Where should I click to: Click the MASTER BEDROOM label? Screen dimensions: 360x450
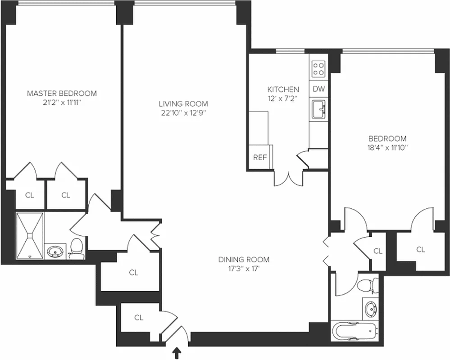[x=62, y=94]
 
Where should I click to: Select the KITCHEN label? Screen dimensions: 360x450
[x=283, y=89]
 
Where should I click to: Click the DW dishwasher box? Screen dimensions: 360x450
[x=319, y=89]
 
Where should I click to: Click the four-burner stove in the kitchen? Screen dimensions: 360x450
[x=319, y=69]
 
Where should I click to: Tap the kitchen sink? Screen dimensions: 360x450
[x=319, y=109]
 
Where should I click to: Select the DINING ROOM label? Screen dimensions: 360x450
[x=244, y=259]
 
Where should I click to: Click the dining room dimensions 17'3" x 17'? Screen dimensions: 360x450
[x=244, y=269]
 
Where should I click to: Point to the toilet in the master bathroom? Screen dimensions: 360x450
[x=77, y=249]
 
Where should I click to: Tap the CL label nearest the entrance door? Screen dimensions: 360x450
[x=139, y=317]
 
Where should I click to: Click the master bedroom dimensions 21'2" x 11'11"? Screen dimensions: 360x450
[x=62, y=103]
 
